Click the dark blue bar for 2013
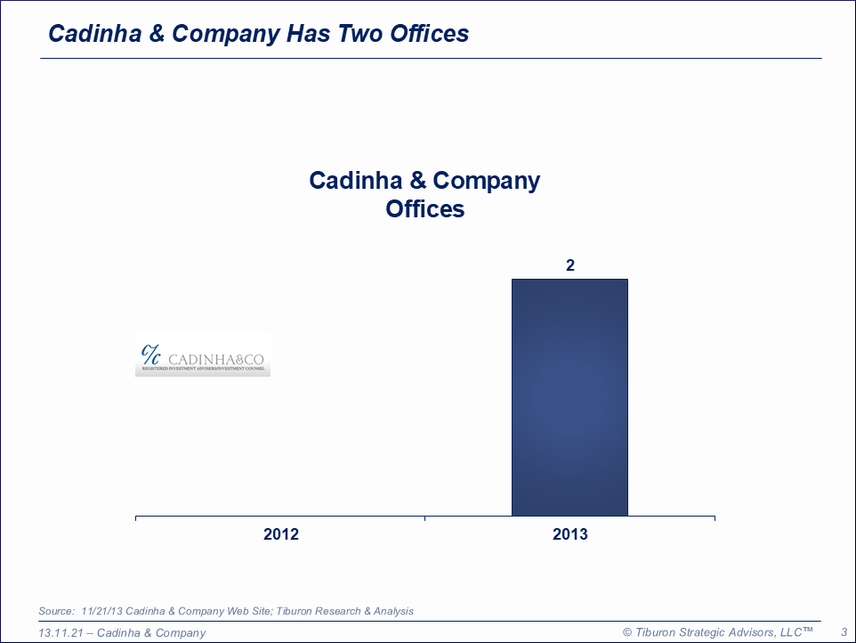tap(569, 397)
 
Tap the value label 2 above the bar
tap(570, 265)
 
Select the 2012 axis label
tap(281, 534)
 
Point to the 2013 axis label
tap(570, 534)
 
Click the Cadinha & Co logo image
tap(203, 355)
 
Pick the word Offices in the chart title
tap(425, 209)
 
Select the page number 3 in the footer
tap(844, 632)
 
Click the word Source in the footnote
tap(56, 611)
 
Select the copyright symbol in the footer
tap(627, 632)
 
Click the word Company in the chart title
tap(487, 181)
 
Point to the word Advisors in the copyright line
tap(749, 632)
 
